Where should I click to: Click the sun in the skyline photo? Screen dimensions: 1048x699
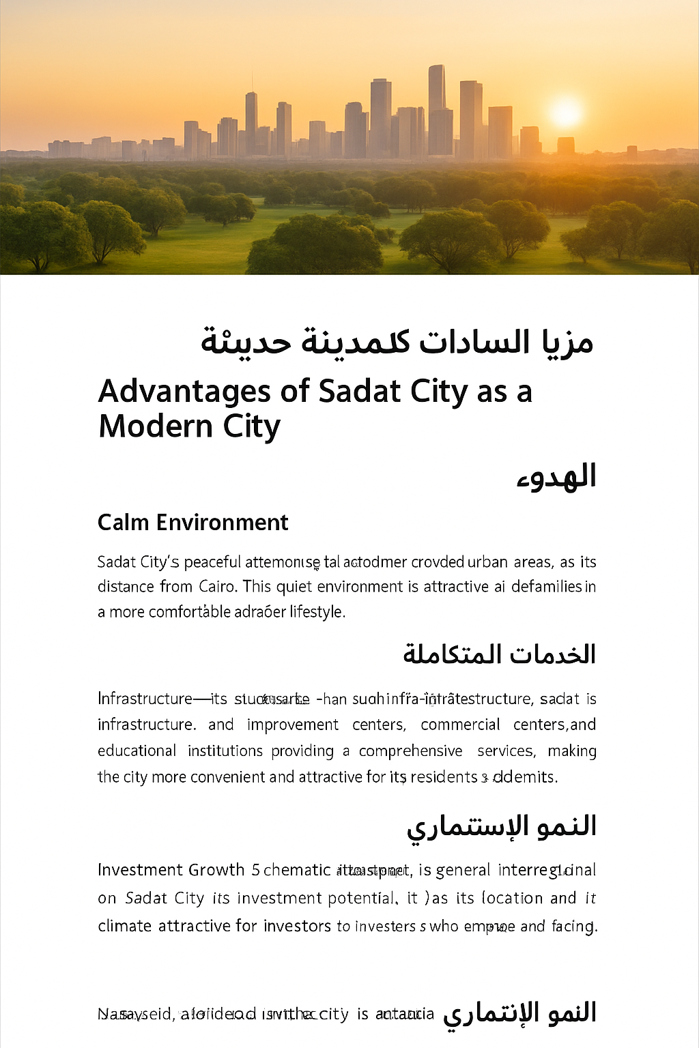point(565,113)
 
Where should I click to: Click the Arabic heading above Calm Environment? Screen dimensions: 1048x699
point(556,477)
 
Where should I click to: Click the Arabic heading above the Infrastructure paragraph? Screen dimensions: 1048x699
point(499,654)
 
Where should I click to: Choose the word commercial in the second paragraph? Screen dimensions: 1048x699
point(460,725)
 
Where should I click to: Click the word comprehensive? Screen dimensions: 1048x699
point(410,751)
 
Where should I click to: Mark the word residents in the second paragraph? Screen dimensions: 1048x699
point(444,777)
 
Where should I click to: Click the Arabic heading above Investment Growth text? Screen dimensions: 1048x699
point(502,826)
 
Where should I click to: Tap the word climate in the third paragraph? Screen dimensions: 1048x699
point(124,926)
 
